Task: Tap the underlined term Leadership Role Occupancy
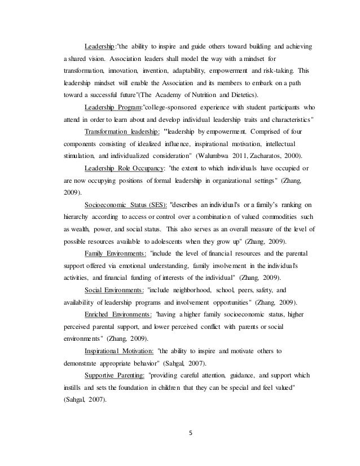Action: pyautogui.click(x=121, y=168)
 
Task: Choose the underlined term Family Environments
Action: pyautogui.click(x=115, y=253)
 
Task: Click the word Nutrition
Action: pyautogui.click(x=178, y=94)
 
